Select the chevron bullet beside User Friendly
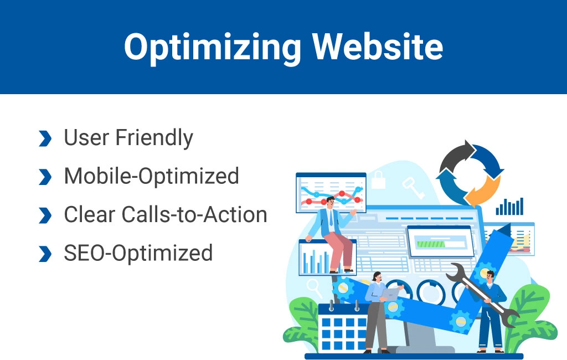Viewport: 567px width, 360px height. (x=45, y=138)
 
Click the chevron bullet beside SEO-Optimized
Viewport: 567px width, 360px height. (x=45, y=254)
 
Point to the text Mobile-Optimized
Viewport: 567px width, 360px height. (x=152, y=176)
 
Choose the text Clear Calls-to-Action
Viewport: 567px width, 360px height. (x=166, y=214)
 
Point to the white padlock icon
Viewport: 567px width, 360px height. (x=378, y=179)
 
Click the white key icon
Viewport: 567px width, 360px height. (x=413, y=187)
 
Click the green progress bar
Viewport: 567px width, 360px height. (x=431, y=244)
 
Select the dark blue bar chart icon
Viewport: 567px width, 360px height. (x=509, y=207)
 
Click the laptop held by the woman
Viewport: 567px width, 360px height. (x=390, y=294)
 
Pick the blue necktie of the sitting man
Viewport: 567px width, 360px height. (x=331, y=219)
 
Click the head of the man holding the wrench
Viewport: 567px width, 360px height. (x=489, y=277)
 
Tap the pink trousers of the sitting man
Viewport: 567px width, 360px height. (x=339, y=250)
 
